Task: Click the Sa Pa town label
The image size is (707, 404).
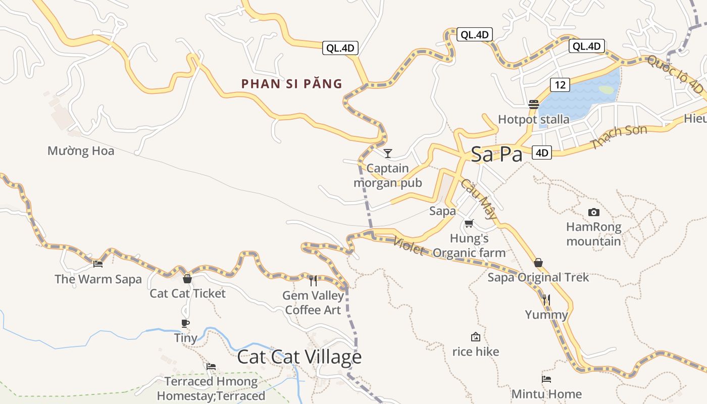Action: click(x=496, y=155)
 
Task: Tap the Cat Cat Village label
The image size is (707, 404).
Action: click(x=299, y=357)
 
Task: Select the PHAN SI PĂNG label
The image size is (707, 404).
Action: click(x=292, y=84)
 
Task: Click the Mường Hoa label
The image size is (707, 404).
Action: click(x=81, y=151)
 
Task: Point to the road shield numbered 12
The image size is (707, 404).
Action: click(x=560, y=85)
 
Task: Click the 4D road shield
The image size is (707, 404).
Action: click(x=542, y=153)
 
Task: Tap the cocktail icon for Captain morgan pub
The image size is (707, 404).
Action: click(x=388, y=153)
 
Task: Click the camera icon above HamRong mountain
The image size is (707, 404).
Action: click(x=594, y=213)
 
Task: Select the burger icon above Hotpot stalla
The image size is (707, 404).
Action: click(x=534, y=105)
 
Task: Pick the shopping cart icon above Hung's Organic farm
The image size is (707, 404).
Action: click(x=469, y=223)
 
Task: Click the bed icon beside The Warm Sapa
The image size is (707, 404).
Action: click(x=98, y=263)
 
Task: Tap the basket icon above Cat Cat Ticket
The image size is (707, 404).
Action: click(x=187, y=278)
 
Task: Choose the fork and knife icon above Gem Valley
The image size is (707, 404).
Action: click(x=313, y=280)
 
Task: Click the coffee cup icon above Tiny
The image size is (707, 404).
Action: click(x=185, y=323)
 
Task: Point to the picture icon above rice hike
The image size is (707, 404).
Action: click(x=475, y=337)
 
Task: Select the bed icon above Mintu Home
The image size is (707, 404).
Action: click(x=546, y=379)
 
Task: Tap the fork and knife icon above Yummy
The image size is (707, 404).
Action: click(x=546, y=300)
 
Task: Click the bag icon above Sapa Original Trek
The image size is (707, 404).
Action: click(x=538, y=263)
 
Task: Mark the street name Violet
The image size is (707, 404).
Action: click(x=408, y=246)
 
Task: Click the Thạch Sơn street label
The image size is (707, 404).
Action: click(x=620, y=137)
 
